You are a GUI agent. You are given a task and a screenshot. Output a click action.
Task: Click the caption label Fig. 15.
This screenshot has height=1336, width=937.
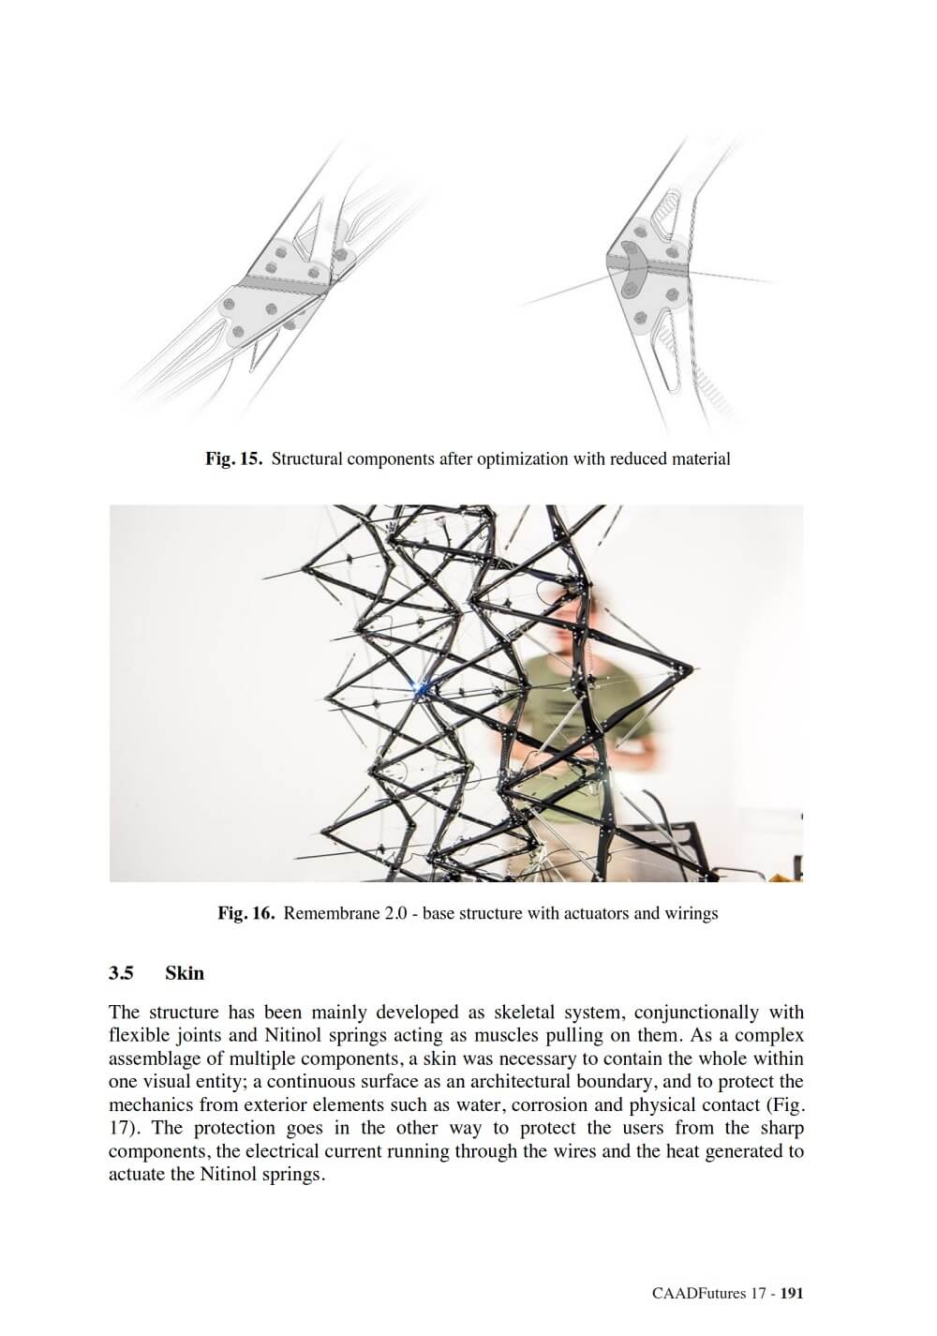(234, 459)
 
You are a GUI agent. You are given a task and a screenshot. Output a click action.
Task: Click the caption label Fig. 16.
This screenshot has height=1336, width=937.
(245, 913)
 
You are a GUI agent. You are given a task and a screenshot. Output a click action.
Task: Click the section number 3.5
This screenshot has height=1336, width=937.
(121, 973)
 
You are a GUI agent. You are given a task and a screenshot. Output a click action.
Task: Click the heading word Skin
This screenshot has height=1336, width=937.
(185, 973)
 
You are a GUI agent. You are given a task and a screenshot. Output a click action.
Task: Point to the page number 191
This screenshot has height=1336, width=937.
(792, 1294)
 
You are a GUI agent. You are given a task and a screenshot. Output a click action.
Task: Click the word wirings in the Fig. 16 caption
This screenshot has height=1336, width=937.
(691, 913)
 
